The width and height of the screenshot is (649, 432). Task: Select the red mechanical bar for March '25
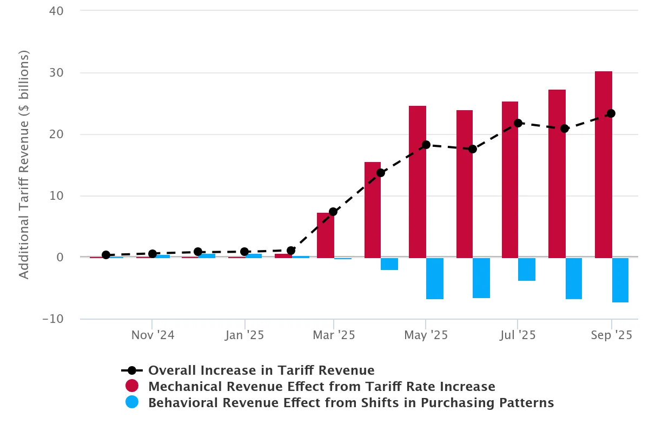coord(325,235)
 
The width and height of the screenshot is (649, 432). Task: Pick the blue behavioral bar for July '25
coord(526,269)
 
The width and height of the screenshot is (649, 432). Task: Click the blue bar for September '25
coord(620,280)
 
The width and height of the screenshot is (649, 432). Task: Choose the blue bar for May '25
coord(434,278)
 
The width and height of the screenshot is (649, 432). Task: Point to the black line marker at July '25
coord(518,123)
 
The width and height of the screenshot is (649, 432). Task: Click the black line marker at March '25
coord(333,212)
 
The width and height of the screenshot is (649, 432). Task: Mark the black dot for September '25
coord(611,113)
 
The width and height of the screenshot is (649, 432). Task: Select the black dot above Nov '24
coord(153,254)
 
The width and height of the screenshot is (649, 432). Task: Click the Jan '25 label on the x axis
coord(245,335)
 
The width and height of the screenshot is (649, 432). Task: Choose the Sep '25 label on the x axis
coord(611,335)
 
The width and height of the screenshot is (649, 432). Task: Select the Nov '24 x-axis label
coord(153,335)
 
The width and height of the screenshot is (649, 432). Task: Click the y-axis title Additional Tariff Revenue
coord(24,165)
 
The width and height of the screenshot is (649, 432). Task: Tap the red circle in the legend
coord(132,387)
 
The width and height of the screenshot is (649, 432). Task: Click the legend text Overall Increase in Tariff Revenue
coord(261,370)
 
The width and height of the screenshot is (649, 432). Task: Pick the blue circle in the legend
coord(132,403)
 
